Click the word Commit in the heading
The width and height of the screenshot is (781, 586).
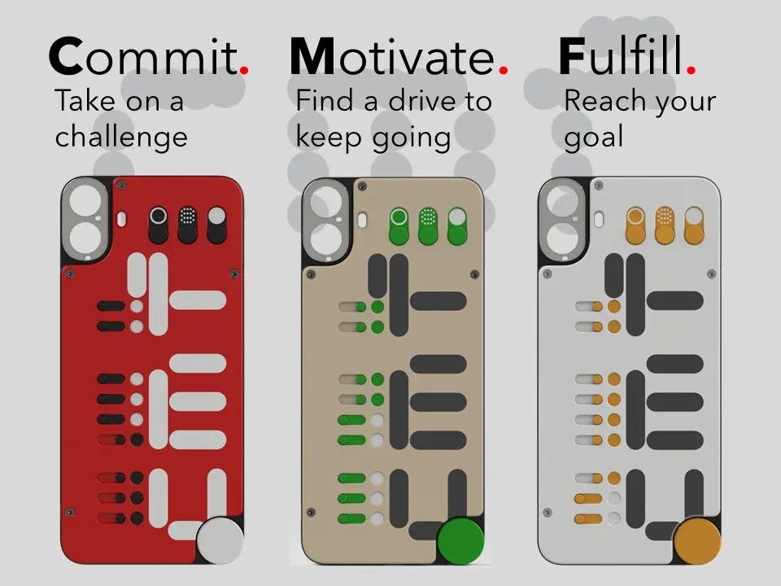click(143, 56)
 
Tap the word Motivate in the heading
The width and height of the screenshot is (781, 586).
click(392, 56)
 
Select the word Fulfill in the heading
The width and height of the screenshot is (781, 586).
click(621, 55)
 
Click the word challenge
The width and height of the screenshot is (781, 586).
click(121, 137)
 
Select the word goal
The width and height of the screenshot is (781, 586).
click(593, 138)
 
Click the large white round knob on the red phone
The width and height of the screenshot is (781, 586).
click(220, 540)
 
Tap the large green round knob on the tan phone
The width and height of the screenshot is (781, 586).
click(460, 540)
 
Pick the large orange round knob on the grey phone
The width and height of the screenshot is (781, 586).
click(697, 540)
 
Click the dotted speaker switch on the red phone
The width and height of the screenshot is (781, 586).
click(187, 225)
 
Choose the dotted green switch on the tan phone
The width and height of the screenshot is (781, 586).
click(428, 226)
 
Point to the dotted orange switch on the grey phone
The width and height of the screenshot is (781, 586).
click(665, 225)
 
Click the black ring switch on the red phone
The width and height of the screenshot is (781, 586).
click(159, 225)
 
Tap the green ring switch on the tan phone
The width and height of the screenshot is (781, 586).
click(399, 226)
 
